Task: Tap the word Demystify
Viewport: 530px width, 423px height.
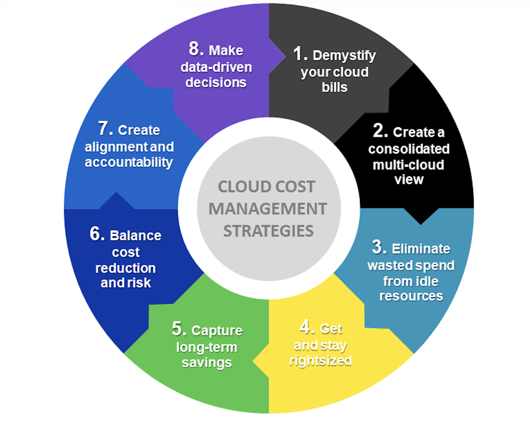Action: (344, 56)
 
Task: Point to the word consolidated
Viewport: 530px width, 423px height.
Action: (409, 149)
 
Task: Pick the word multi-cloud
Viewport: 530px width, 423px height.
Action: (408, 165)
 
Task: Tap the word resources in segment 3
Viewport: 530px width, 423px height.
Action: (411, 296)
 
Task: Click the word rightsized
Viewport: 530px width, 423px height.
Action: (321, 360)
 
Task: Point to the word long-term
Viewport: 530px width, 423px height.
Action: (207, 347)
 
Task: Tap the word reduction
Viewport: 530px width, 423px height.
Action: (125, 268)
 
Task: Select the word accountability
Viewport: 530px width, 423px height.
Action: (129, 162)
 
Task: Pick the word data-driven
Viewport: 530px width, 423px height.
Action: (216, 67)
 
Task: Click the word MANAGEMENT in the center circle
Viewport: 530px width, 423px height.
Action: (268, 209)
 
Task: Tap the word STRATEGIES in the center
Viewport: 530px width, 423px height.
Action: (268, 231)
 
